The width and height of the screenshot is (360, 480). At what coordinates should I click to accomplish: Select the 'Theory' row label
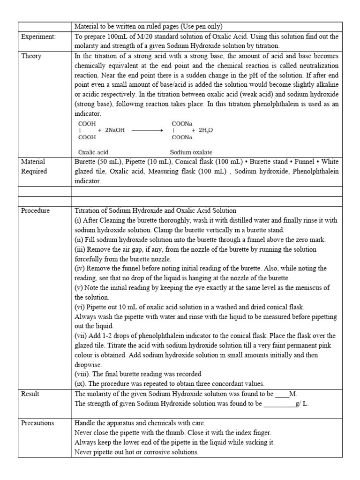pos(31,56)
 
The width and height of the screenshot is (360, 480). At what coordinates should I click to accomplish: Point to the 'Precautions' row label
pos(38,423)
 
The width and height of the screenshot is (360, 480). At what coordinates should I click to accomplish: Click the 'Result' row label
pos(31,394)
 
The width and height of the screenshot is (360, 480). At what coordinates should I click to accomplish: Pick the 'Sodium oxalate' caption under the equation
pos(191,152)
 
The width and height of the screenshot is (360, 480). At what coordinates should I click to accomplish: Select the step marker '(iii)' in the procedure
pos(81,249)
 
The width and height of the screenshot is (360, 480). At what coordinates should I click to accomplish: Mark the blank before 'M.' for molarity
pos(282,394)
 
